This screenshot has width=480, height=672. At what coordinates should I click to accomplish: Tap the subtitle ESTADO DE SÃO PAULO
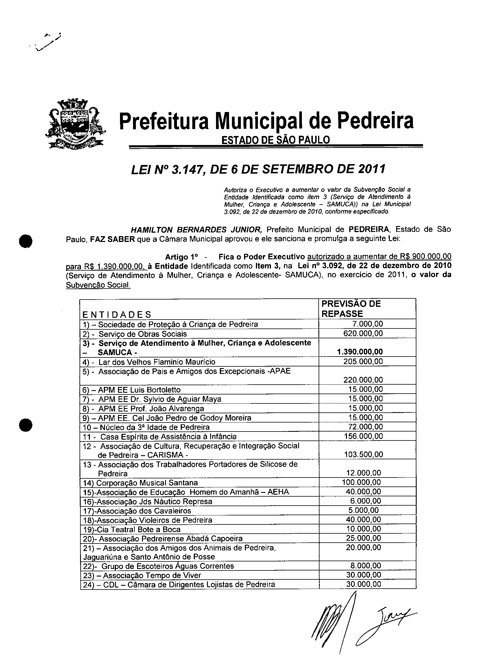(x=275, y=139)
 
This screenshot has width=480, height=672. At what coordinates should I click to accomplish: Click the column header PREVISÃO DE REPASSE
(x=351, y=309)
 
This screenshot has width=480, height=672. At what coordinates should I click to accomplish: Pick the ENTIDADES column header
(x=117, y=314)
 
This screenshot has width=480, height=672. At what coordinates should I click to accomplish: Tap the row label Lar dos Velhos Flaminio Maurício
(x=157, y=362)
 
